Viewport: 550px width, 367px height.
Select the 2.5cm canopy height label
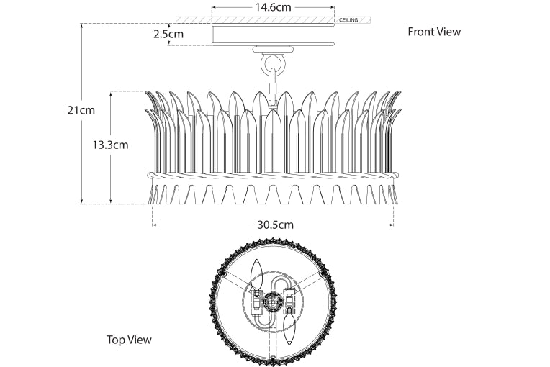[168, 34]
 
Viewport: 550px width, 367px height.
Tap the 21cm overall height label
[81, 110]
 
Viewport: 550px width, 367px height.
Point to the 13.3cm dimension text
[110, 145]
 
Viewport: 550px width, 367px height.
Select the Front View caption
[434, 32]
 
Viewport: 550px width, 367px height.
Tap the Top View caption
[129, 340]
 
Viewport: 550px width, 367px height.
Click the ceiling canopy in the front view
[273, 35]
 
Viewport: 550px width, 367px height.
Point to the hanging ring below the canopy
[273, 65]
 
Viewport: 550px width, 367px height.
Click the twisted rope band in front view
[273, 175]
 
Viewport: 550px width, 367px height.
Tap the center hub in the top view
[273, 302]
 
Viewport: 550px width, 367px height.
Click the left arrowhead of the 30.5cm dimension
[154, 224]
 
